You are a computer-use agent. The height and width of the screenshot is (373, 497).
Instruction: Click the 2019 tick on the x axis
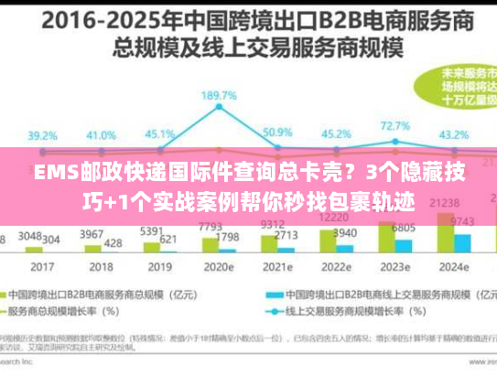[x=159, y=269]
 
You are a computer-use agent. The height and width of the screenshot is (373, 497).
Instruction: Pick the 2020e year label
[x=221, y=269]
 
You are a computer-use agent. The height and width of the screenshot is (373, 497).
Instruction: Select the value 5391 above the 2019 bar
[x=152, y=231]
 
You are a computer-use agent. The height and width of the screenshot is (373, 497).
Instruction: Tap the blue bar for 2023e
[x=403, y=244]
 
